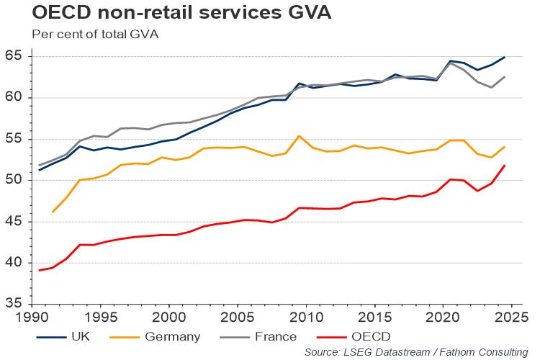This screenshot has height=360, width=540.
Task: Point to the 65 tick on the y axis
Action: pos(14,56)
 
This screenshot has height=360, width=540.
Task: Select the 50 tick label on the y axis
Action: pos(14,180)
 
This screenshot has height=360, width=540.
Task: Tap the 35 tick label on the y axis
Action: pos(14,304)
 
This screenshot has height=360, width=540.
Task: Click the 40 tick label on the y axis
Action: pos(14,263)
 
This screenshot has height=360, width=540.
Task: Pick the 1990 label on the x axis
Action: pos(32,316)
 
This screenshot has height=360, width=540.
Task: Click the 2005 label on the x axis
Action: pos(238,316)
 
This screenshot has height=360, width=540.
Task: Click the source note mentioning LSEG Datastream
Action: pos(415,351)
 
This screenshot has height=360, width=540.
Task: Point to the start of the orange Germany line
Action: pos(53,212)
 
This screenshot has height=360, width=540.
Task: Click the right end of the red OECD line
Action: pos(504,166)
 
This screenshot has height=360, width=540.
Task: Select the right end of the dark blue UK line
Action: pos(504,57)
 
